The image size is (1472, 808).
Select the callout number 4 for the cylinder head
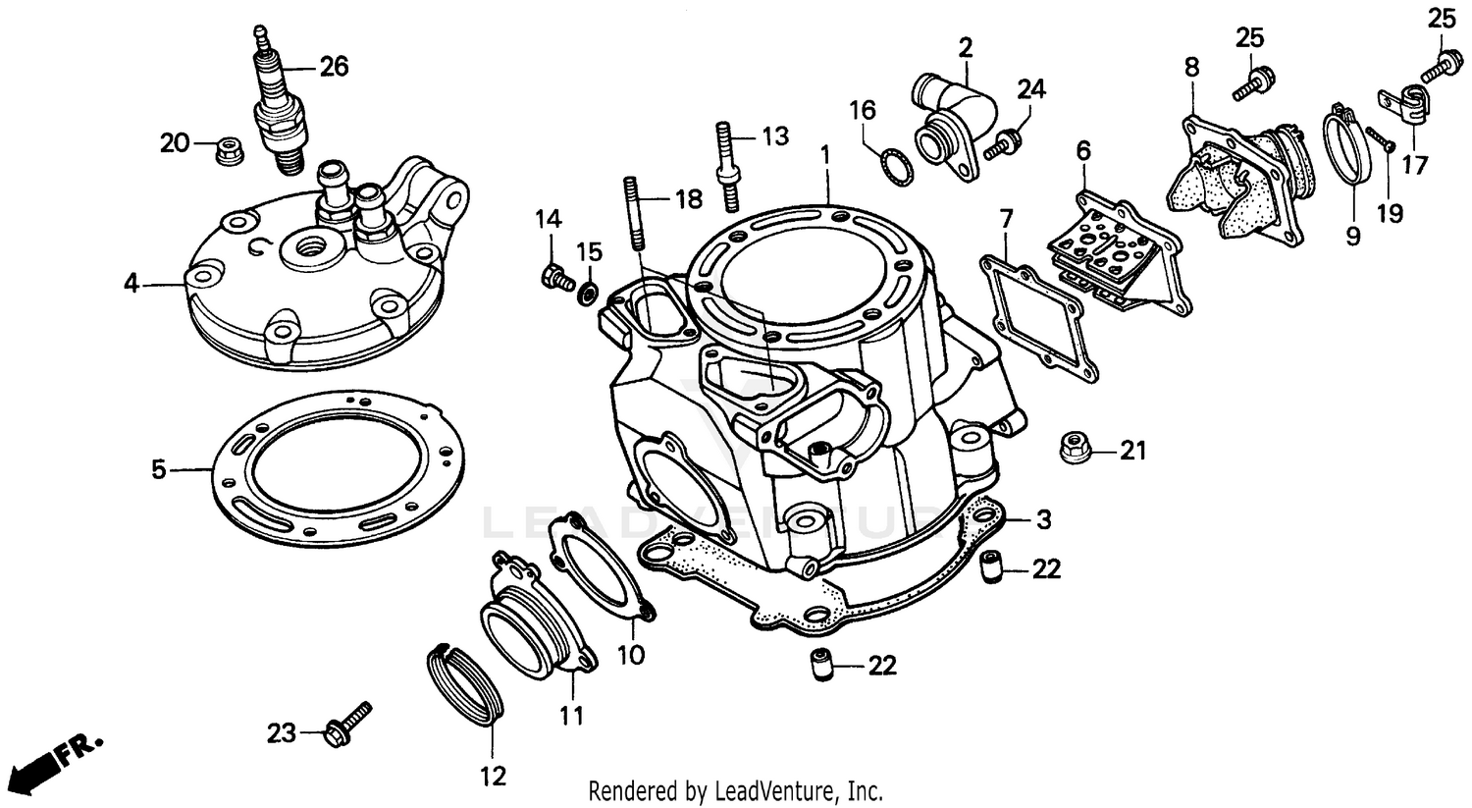pyautogui.click(x=131, y=284)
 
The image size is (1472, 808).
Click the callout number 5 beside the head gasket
pyautogui.click(x=158, y=469)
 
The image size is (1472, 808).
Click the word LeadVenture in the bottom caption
pyautogui.click(x=775, y=790)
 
